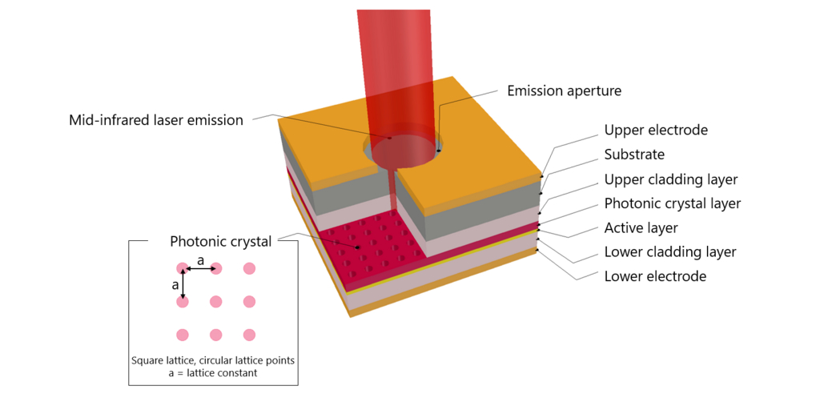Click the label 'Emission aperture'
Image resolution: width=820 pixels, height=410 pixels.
click(564, 90)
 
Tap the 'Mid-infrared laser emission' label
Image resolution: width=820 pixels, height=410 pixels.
click(156, 120)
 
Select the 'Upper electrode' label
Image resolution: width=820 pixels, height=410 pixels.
click(656, 130)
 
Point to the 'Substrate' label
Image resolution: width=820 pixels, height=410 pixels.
click(634, 155)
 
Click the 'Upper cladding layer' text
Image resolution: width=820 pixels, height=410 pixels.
click(671, 179)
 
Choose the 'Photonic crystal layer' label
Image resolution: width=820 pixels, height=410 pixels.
click(673, 203)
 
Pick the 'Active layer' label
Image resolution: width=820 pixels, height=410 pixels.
click(641, 228)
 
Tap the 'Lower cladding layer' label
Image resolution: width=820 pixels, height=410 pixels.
click(670, 252)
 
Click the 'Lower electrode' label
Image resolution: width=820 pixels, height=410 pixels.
click(655, 276)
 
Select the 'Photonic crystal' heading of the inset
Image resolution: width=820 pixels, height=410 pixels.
click(221, 241)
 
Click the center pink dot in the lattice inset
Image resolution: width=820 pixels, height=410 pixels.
click(216, 301)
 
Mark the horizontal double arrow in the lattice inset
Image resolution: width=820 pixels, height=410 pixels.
click(199, 269)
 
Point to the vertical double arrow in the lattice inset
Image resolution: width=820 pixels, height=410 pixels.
click(183, 284)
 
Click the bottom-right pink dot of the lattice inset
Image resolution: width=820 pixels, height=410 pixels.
click(249, 335)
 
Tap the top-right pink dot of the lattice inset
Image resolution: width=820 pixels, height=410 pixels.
click(249, 268)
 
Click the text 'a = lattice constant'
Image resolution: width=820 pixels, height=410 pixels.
click(213, 373)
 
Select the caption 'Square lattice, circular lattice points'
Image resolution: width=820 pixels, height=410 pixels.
click(213, 360)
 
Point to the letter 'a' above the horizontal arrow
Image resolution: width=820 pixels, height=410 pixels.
click(200, 260)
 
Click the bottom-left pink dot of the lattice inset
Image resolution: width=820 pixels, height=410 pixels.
click(183, 335)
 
